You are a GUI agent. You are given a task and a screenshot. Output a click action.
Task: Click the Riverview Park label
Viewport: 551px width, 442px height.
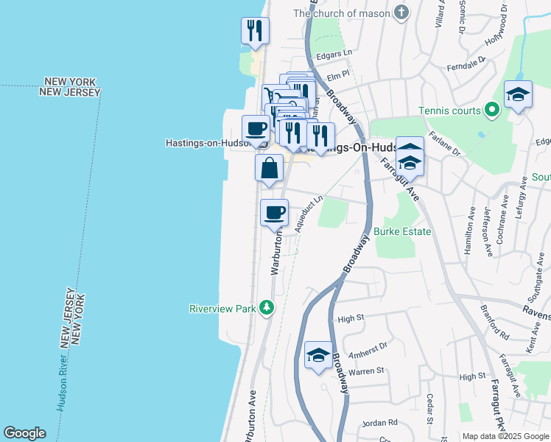pos(222,309)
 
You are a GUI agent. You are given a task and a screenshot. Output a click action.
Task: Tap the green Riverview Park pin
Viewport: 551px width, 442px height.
pos(269,308)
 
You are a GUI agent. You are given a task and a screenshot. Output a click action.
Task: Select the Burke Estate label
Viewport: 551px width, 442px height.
pos(401,231)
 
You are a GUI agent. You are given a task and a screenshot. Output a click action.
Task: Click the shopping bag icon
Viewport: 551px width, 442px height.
pos(269,167)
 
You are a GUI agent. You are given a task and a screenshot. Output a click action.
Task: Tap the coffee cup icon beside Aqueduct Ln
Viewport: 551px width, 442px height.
pos(275,213)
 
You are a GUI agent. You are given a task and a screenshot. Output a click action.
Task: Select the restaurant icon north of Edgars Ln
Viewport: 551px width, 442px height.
pos(255,30)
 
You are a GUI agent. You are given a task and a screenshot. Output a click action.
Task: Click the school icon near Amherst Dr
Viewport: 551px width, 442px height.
pos(318,356)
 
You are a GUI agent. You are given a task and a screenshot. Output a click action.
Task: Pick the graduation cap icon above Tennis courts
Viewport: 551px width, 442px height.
pos(518,94)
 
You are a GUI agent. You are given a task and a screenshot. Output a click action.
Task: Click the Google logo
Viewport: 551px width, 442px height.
pos(24,433)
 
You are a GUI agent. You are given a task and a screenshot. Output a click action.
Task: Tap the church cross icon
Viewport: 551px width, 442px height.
pos(401,13)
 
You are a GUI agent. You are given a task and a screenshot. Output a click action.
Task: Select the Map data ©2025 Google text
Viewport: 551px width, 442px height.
pos(505,436)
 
